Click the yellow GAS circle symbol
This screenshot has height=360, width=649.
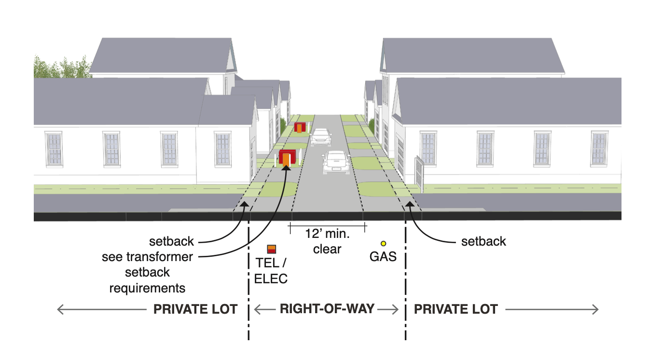click(383, 244)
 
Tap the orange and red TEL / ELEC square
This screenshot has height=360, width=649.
click(271, 249)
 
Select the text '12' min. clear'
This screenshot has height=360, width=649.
click(326, 242)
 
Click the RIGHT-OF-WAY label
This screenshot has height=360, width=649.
click(327, 309)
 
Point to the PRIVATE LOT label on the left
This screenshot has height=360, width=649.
click(195, 309)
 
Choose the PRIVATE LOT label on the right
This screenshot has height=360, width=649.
click(456, 309)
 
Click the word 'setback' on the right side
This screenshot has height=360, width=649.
click(483, 241)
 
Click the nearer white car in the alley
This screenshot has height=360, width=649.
click(336, 162)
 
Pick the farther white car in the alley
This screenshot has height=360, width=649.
click(321, 137)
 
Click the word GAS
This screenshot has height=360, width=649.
click(383, 256)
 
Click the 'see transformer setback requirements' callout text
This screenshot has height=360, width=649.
click(147, 272)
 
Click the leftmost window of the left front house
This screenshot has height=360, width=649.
click(54, 149)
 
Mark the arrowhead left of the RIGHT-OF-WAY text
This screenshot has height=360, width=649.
click(257, 309)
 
